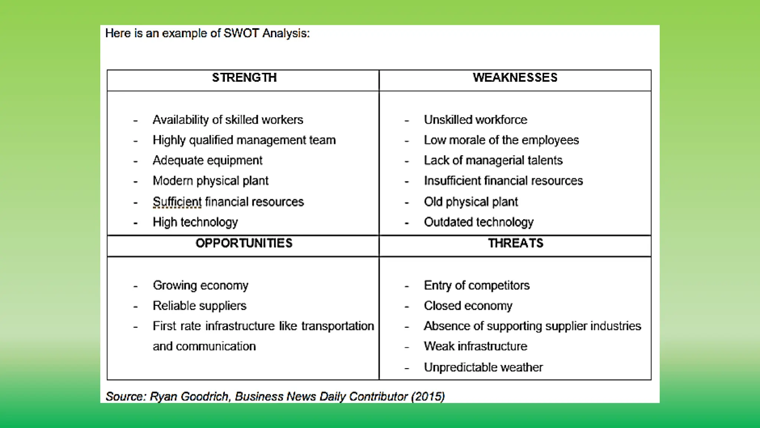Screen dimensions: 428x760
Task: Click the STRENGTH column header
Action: point(244,78)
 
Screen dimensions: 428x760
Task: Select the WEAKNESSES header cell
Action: point(515,78)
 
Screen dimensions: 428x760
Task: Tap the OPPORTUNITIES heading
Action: point(244,243)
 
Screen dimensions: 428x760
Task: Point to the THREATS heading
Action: point(515,243)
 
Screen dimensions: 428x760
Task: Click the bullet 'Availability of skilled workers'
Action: point(228,120)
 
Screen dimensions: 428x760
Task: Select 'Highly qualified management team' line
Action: point(244,140)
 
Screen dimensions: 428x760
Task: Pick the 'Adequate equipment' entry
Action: point(207,160)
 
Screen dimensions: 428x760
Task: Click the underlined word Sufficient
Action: point(177,202)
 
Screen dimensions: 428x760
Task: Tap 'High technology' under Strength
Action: point(195,222)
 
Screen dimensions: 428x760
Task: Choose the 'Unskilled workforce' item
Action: point(475,120)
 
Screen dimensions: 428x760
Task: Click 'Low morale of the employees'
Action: point(501,140)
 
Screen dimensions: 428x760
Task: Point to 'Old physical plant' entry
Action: point(471,202)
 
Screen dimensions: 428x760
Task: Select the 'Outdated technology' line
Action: point(479,222)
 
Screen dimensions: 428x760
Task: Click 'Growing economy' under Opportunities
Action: point(200,286)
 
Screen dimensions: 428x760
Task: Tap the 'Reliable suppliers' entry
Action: point(200,306)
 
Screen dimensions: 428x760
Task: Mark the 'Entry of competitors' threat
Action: point(476,286)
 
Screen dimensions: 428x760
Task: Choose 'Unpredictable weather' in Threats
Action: point(483,367)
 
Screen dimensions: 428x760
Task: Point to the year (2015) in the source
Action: point(428,397)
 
